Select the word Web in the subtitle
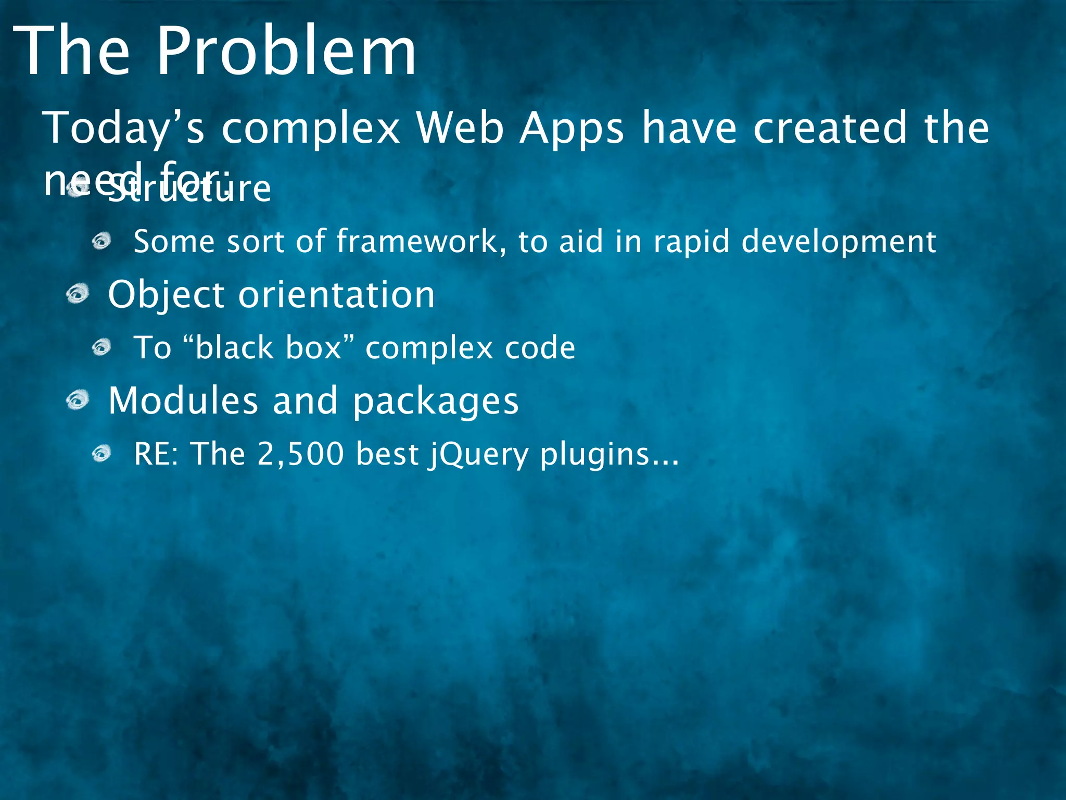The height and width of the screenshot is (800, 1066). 460,128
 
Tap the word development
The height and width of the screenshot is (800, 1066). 839,243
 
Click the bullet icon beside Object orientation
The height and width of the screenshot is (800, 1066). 78,294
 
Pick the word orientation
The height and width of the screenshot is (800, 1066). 336,295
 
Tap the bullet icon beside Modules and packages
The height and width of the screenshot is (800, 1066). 78,401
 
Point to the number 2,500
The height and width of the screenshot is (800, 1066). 300,454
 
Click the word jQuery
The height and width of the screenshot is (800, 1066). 478,455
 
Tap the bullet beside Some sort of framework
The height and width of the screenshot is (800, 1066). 102,241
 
